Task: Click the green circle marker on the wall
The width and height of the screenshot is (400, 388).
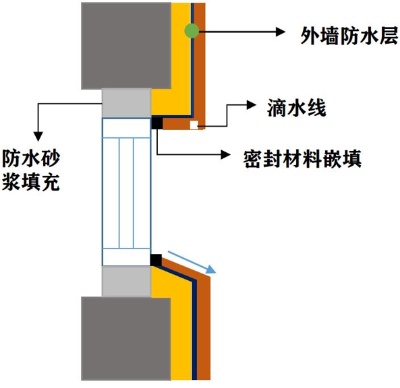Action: (192, 31)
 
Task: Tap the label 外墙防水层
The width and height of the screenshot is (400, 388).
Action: (349, 36)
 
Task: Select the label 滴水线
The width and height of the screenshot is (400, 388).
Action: (296, 108)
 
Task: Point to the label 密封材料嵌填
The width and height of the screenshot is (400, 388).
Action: (302, 159)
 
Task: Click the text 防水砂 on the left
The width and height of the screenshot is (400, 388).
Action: (31, 158)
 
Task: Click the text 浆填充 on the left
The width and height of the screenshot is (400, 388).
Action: (31, 182)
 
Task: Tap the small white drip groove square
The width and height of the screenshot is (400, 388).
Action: (194, 125)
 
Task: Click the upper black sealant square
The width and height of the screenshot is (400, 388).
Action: (157, 123)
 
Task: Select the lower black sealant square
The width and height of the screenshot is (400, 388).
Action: (156, 260)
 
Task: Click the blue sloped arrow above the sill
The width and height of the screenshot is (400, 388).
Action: (192, 262)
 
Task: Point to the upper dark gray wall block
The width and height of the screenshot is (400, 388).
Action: (126, 46)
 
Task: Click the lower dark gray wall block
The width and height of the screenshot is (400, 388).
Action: (126, 339)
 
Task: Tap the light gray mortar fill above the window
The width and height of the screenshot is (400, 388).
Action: (126, 103)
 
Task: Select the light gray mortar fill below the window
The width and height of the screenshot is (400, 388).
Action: (126, 282)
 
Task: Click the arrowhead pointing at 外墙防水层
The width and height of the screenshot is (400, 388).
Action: (281, 32)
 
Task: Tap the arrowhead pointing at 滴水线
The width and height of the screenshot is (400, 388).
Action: (252, 104)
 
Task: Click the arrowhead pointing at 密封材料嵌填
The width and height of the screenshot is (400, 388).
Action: (226, 154)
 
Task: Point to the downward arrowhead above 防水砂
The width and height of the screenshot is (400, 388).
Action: (38, 137)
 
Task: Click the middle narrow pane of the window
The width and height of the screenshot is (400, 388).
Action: (126, 193)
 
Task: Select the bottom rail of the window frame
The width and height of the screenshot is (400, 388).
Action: (126, 257)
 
